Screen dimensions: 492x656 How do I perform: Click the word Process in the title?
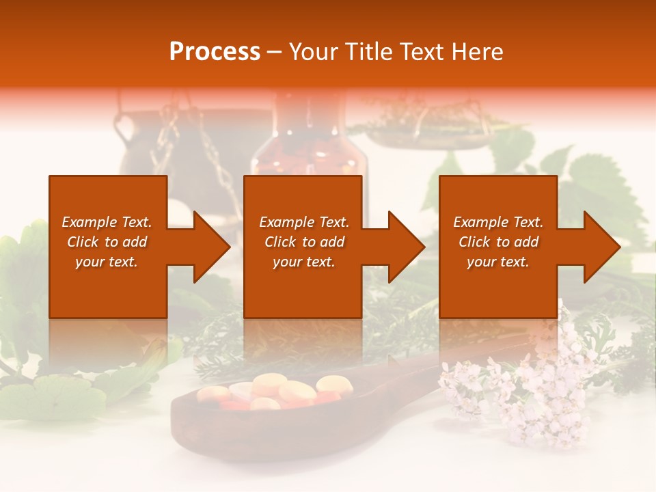215,52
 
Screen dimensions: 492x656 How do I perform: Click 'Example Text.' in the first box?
107,222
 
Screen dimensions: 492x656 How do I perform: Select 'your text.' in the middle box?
303,262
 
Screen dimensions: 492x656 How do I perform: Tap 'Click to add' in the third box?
498,242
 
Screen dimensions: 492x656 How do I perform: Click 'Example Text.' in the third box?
498,222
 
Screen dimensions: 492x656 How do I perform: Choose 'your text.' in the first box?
107,262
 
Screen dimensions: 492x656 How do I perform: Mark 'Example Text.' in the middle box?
303,222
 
